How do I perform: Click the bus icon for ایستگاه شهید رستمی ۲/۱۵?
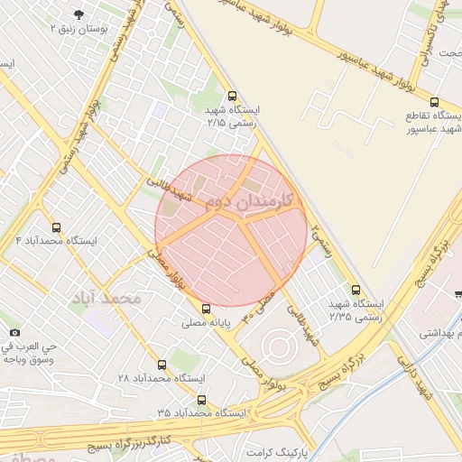[x=233, y=96]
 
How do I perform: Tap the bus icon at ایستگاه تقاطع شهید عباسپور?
[x=435, y=103]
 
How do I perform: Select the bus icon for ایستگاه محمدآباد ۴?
[x=57, y=228]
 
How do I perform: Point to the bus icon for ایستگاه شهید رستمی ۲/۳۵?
[x=356, y=291]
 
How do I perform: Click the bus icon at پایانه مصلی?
[x=207, y=308]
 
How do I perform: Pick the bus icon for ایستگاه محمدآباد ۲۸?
[x=162, y=365]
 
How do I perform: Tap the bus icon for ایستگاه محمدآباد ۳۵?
[x=201, y=399]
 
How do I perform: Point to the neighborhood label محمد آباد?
[x=107, y=298]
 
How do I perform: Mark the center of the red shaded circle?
[x=232, y=230]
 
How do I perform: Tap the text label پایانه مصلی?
[x=207, y=322]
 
